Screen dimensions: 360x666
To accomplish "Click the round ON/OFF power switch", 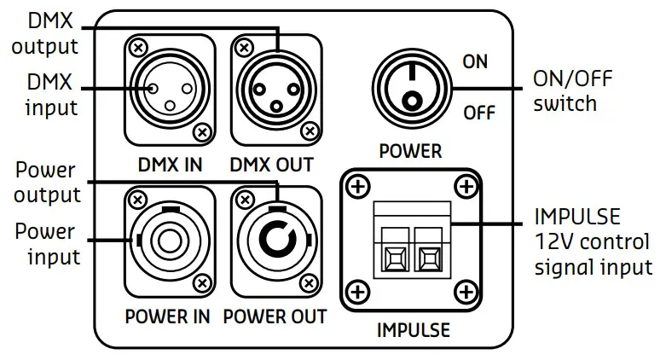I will [x=412, y=89].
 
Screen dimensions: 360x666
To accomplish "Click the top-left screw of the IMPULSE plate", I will [x=358, y=185].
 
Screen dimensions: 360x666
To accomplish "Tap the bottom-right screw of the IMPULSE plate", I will [x=465, y=293].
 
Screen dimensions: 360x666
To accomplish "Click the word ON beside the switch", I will [x=476, y=61].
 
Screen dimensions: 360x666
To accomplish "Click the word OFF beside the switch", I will [x=478, y=113].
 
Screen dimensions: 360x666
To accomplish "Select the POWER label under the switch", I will [x=411, y=152].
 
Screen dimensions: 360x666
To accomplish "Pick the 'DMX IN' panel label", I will [x=169, y=164].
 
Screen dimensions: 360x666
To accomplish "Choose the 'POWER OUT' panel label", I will [x=275, y=316].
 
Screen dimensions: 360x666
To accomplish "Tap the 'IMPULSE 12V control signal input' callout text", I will [x=592, y=241].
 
